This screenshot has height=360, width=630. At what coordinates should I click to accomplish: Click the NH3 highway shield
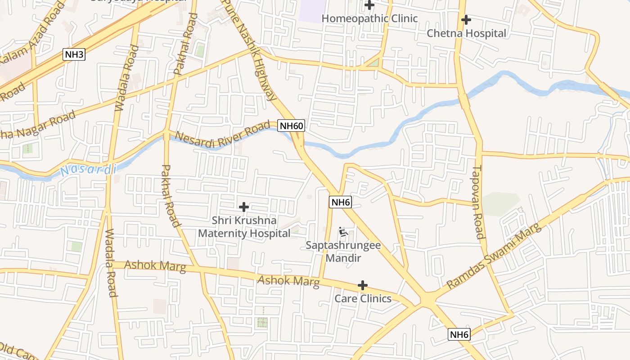[x=74, y=55]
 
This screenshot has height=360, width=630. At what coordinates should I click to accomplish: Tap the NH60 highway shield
[x=291, y=126]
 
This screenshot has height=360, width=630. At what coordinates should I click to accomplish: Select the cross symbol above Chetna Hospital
[x=466, y=20]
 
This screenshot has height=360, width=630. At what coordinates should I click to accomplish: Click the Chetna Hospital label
[x=466, y=33]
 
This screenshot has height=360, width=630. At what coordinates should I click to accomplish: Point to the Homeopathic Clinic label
[x=369, y=18]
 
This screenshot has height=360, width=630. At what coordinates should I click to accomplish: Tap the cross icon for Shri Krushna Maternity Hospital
[x=244, y=207]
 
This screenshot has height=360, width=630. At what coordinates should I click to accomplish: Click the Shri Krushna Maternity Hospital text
[x=244, y=227]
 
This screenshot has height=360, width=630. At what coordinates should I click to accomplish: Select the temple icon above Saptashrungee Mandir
[x=343, y=232]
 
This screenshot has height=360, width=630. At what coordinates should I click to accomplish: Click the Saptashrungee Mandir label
[x=343, y=252]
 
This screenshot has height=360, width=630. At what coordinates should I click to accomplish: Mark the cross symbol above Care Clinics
[x=362, y=285]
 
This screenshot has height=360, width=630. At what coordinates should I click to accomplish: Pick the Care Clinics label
[x=363, y=298]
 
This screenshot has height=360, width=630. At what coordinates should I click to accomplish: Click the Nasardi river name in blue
[x=88, y=170]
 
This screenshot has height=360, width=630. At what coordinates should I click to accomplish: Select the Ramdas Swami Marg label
[x=494, y=256]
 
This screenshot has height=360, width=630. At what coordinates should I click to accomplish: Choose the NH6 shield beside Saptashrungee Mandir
[x=340, y=202]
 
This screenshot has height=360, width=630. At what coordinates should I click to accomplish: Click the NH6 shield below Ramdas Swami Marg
[x=459, y=334]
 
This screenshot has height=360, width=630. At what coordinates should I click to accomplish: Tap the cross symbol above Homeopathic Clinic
[x=369, y=5]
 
